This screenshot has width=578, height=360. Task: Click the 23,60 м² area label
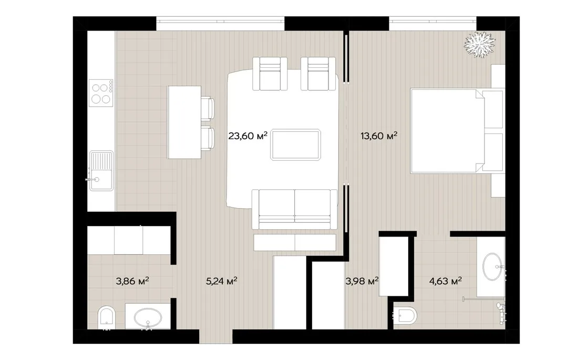pyautogui.click(x=247, y=136)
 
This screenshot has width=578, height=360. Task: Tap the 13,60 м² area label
pyautogui.click(x=379, y=136)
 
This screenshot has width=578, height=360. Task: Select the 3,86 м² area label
pyautogui.click(x=132, y=281)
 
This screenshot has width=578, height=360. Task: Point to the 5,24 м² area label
pyautogui.click(x=221, y=281)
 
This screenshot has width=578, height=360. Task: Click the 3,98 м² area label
pyautogui.click(x=362, y=281)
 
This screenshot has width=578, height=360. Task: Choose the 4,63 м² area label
pyautogui.click(x=445, y=281)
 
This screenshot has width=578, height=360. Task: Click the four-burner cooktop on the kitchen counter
pyautogui.click(x=101, y=93)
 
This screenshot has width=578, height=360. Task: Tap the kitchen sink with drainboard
pyautogui.click(x=101, y=170)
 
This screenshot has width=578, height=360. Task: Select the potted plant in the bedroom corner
pyautogui.click(x=479, y=44)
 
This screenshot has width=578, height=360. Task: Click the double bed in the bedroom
pyautogui.click(x=457, y=130)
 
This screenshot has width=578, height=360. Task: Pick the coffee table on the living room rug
pyautogui.click(x=295, y=145)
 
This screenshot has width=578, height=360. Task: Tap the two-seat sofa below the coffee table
pyautogui.click(x=295, y=209)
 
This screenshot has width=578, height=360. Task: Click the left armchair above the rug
pyautogui.click(x=270, y=74)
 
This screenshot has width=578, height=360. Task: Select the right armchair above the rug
pyautogui.click(x=318, y=74)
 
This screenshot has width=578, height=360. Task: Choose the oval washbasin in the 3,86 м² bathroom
pyautogui.click(x=148, y=318)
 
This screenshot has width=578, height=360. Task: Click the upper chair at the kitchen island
pyautogui.click(x=208, y=108)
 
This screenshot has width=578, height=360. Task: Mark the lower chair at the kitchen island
pyautogui.click(x=208, y=138)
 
